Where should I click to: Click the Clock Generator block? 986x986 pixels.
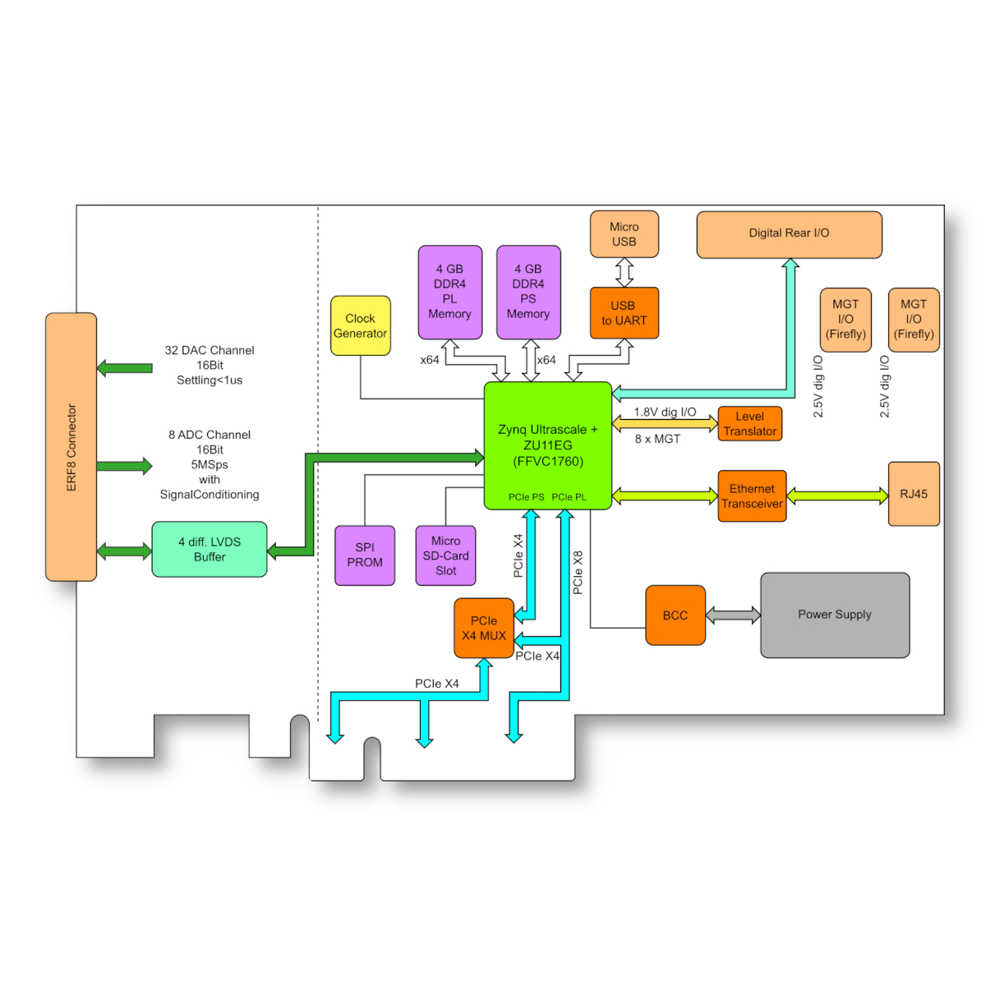tap(360, 325)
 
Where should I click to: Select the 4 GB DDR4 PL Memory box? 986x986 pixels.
tap(449, 292)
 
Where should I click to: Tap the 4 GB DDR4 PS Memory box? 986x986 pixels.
tap(528, 292)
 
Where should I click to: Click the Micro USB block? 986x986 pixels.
tap(624, 234)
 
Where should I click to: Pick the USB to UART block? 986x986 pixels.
tap(624, 313)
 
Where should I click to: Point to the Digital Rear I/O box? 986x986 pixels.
tap(789, 234)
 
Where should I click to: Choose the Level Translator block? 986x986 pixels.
tap(749, 424)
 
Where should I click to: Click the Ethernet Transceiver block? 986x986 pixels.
tap(752, 496)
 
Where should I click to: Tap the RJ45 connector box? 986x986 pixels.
tap(913, 494)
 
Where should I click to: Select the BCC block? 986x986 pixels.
tap(675, 615)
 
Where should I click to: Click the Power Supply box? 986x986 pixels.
tap(834, 615)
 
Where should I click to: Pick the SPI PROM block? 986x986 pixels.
tap(365, 555)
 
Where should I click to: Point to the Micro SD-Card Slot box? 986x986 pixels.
tap(445, 555)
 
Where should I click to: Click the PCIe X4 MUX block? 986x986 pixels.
tap(484, 629)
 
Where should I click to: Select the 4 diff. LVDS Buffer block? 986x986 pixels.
tap(210, 550)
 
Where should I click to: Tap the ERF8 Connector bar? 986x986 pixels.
tap(71, 447)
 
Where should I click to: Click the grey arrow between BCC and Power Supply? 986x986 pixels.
tap(733, 615)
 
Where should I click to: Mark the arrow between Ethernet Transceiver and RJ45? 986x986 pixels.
tap(836, 495)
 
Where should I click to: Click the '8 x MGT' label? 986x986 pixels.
tap(657, 440)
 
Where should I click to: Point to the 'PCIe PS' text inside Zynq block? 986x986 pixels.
tap(526, 497)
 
